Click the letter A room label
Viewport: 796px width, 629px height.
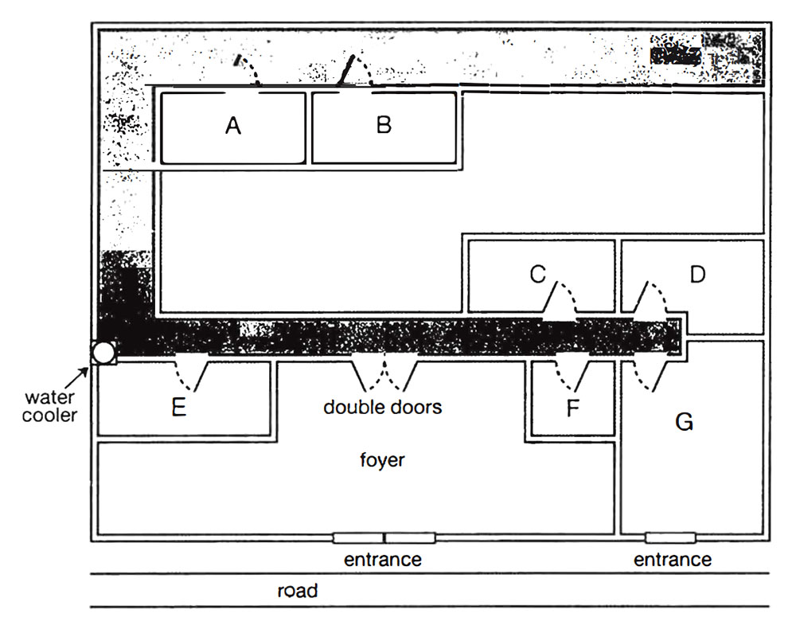coord(232,126)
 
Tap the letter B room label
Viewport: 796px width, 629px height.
coord(384,126)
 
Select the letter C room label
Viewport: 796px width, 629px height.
coord(537,275)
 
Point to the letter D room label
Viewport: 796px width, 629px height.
coord(697,275)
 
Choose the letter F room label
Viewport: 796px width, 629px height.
coord(573,408)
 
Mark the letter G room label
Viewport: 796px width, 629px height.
coord(684,422)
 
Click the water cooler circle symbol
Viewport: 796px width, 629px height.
coord(103,352)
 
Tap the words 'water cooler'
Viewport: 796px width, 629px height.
coord(50,405)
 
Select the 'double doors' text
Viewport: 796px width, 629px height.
coord(382,407)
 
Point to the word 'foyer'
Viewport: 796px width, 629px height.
coord(383,460)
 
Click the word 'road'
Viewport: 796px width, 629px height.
coord(298,591)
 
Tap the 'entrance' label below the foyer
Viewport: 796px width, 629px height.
coord(382,559)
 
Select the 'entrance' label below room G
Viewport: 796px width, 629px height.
coord(673,559)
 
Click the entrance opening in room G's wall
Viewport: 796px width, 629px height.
coord(670,537)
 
